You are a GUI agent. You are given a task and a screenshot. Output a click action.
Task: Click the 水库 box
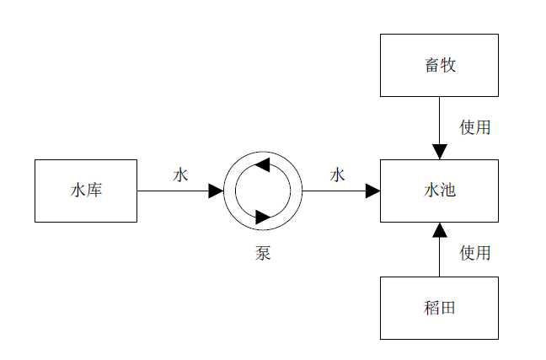click(86, 191)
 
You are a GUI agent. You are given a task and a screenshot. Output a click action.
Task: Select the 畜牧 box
click(439, 65)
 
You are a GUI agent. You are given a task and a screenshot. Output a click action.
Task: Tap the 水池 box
click(439, 191)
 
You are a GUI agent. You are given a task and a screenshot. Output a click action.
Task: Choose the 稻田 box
click(439, 308)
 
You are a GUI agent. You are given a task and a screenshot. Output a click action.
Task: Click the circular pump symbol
click(263, 191)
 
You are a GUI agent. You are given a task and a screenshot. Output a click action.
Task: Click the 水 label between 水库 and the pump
click(180, 175)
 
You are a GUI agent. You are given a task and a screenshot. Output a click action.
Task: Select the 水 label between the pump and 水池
click(338, 175)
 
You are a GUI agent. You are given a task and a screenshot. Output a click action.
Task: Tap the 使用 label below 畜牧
click(475, 127)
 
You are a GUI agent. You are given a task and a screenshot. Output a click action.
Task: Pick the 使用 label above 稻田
click(475, 252)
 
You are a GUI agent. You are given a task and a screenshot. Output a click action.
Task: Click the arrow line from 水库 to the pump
click(173, 191)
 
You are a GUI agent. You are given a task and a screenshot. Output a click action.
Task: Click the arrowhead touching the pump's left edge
click(217, 191)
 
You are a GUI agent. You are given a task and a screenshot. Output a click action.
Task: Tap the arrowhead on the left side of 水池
click(373, 191)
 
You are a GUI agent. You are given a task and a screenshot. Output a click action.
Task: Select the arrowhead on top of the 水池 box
click(439, 152)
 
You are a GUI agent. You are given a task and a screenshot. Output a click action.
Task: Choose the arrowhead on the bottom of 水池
click(439, 228)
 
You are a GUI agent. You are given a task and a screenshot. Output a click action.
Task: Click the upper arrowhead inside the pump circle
click(260, 164)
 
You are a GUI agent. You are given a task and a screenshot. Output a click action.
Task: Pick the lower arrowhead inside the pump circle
click(263, 217)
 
